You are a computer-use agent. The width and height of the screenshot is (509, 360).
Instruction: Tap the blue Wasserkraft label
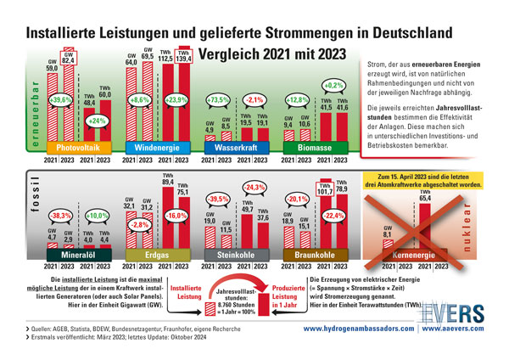[x=238, y=149]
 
